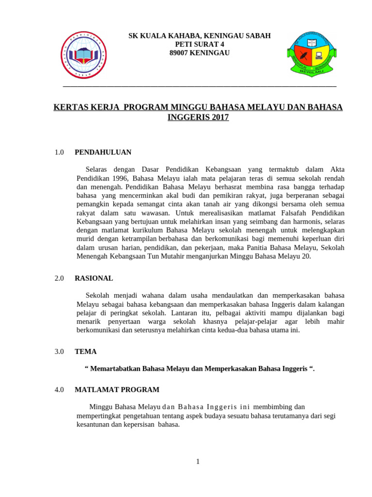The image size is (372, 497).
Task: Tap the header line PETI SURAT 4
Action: tap(199, 44)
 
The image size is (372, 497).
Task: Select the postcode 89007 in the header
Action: tap(180, 53)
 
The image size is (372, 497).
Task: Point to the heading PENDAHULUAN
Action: tap(103, 152)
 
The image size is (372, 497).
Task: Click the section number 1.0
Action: tap(60, 152)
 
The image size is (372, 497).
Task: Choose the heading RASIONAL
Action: tap(94, 279)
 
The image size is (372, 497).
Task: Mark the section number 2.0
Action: tap(60, 279)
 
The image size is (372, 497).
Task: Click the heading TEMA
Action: tap(86, 351)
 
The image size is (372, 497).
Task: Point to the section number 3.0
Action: tap(60, 351)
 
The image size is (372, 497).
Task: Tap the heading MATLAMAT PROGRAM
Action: tap(117, 390)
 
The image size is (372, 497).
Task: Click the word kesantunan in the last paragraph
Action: tap(94, 424)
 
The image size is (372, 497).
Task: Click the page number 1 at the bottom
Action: tap(198, 462)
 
